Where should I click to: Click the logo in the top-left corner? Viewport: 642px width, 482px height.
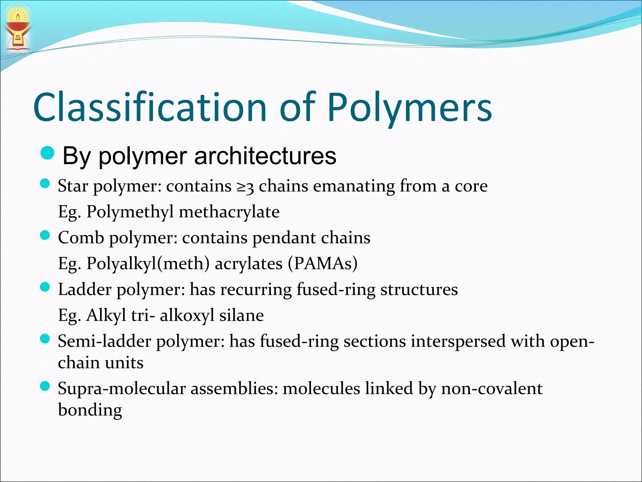18,30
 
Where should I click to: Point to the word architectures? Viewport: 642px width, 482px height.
265,156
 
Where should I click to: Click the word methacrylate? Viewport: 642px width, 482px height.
229,212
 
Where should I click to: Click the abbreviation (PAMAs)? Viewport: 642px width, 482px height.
322,264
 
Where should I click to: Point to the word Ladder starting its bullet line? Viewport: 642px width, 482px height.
85,289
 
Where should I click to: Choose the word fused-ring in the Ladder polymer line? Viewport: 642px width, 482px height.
336,289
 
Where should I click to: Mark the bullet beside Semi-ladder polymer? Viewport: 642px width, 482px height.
45,339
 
